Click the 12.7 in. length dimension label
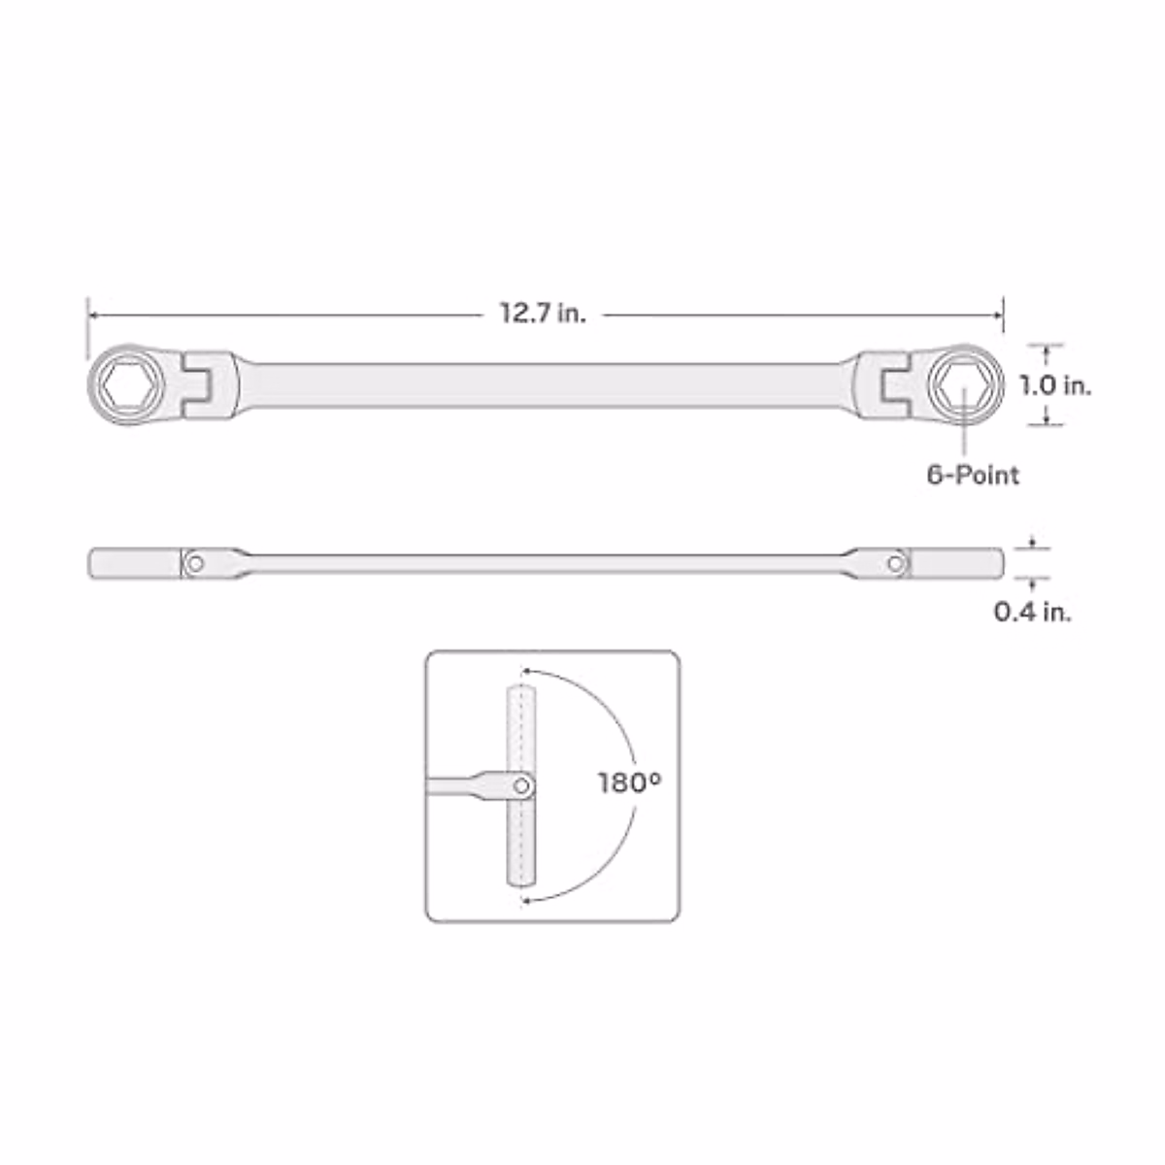543,314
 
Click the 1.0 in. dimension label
1055,385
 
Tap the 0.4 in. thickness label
1033,613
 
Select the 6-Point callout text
973,475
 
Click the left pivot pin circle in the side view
196,563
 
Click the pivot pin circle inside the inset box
522,784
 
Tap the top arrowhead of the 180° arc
526,670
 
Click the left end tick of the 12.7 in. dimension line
87,315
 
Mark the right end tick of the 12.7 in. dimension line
1003,315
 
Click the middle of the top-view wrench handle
544,385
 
